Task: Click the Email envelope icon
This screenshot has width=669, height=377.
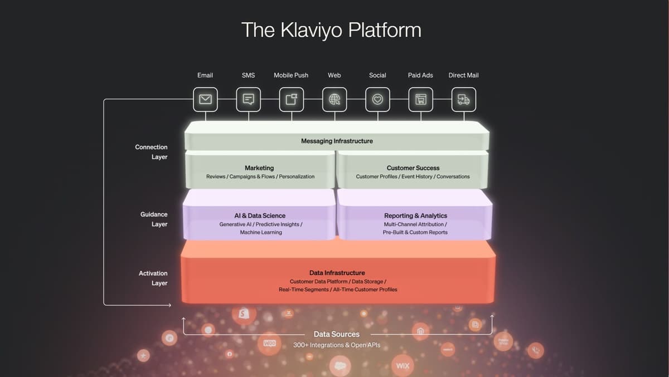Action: [205, 99]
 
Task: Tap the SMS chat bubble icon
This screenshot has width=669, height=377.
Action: [249, 99]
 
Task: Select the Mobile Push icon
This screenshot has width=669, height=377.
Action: [292, 99]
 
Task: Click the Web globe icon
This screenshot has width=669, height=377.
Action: [334, 99]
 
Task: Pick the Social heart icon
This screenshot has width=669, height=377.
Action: [377, 99]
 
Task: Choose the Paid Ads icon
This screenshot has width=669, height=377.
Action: [421, 99]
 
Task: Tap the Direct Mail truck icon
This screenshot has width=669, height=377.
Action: [464, 99]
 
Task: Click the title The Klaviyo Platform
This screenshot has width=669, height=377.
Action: [331, 30]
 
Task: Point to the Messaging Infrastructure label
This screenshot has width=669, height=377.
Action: [337, 141]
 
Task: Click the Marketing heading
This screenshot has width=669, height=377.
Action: [259, 168]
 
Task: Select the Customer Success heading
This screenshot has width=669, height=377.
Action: [413, 168]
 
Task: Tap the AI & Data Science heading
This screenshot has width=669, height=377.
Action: [260, 216]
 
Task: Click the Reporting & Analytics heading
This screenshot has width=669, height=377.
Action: [415, 216]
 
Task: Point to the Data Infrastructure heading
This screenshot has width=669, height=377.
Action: [337, 273]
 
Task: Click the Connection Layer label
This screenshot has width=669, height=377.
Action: [152, 152]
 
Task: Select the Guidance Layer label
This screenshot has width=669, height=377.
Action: [154, 219]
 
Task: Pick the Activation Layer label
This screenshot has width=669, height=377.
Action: [153, 278]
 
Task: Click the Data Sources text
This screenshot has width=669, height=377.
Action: [337, 334]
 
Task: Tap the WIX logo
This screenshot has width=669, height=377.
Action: [403, 366]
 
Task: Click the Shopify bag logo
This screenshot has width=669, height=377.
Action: [243, 314]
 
